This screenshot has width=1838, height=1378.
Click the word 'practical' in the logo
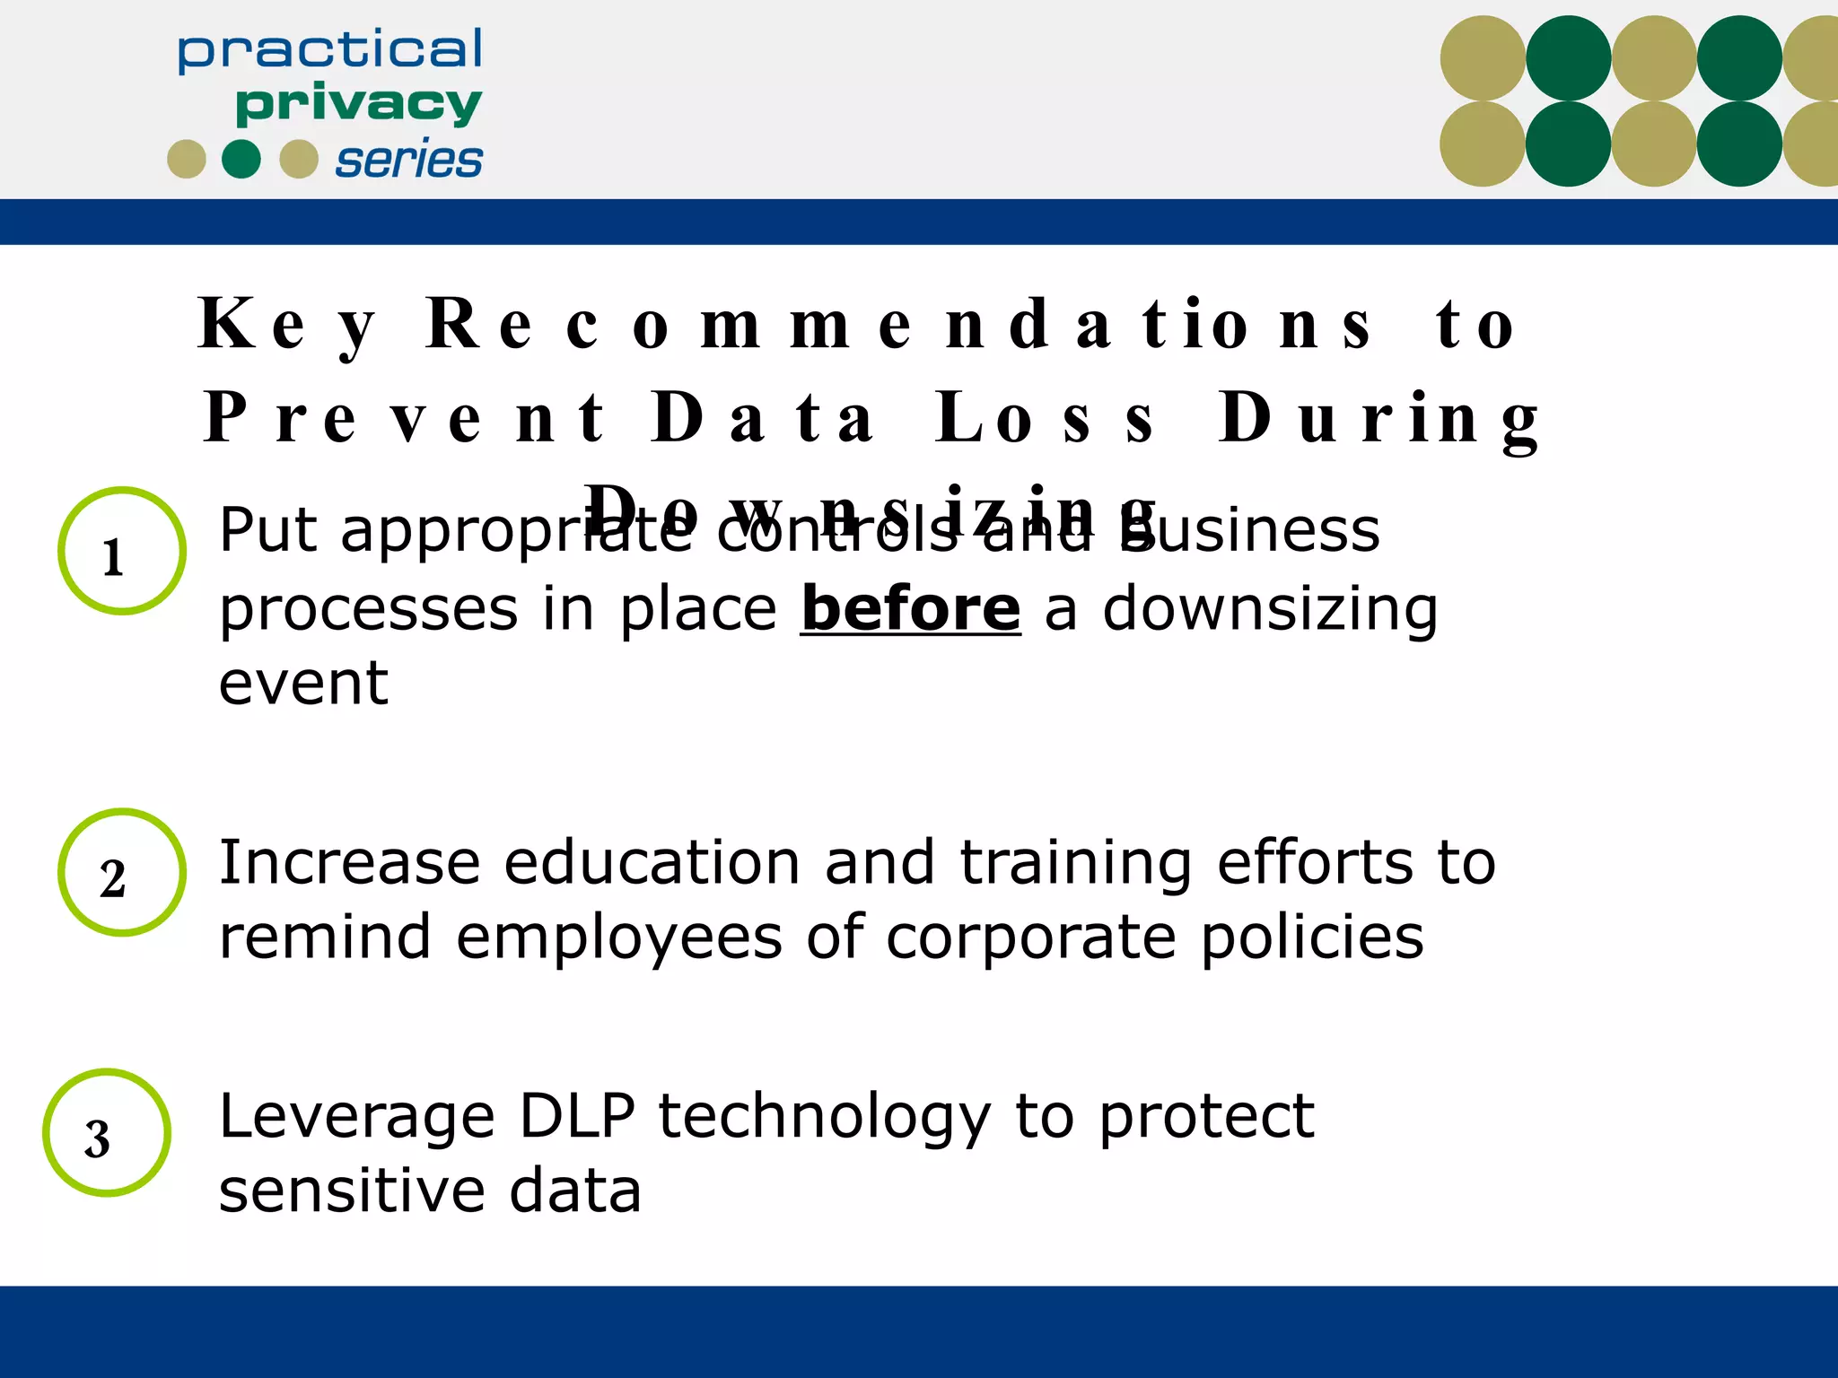click(x=329, y=51)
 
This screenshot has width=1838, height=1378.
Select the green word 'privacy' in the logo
click(x=358, y=105)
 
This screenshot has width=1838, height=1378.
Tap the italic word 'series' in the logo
click(x=408, y=161)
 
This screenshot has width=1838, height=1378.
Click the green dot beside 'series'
click(x=241, y=160)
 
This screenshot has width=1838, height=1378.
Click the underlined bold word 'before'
click(x=910, y=609)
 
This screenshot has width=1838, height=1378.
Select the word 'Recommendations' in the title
click(x=899, y=325)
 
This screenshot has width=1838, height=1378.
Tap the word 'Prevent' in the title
click(x=405, y=418)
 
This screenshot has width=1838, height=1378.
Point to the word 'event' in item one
click(x=303, y=684)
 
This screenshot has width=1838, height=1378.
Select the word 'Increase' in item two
click(x=349, y=863)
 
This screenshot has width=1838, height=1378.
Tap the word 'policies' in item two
click(x=1311, y=938)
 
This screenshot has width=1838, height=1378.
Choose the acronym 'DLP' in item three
click(x=577, y=1117)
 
